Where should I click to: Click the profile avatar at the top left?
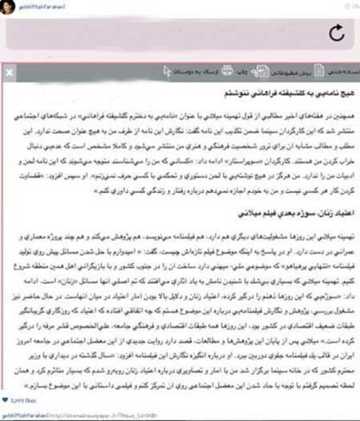click(6, 6)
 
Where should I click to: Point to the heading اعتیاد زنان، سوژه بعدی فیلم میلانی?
click(297, 214)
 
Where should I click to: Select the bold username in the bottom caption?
click(25, 414)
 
